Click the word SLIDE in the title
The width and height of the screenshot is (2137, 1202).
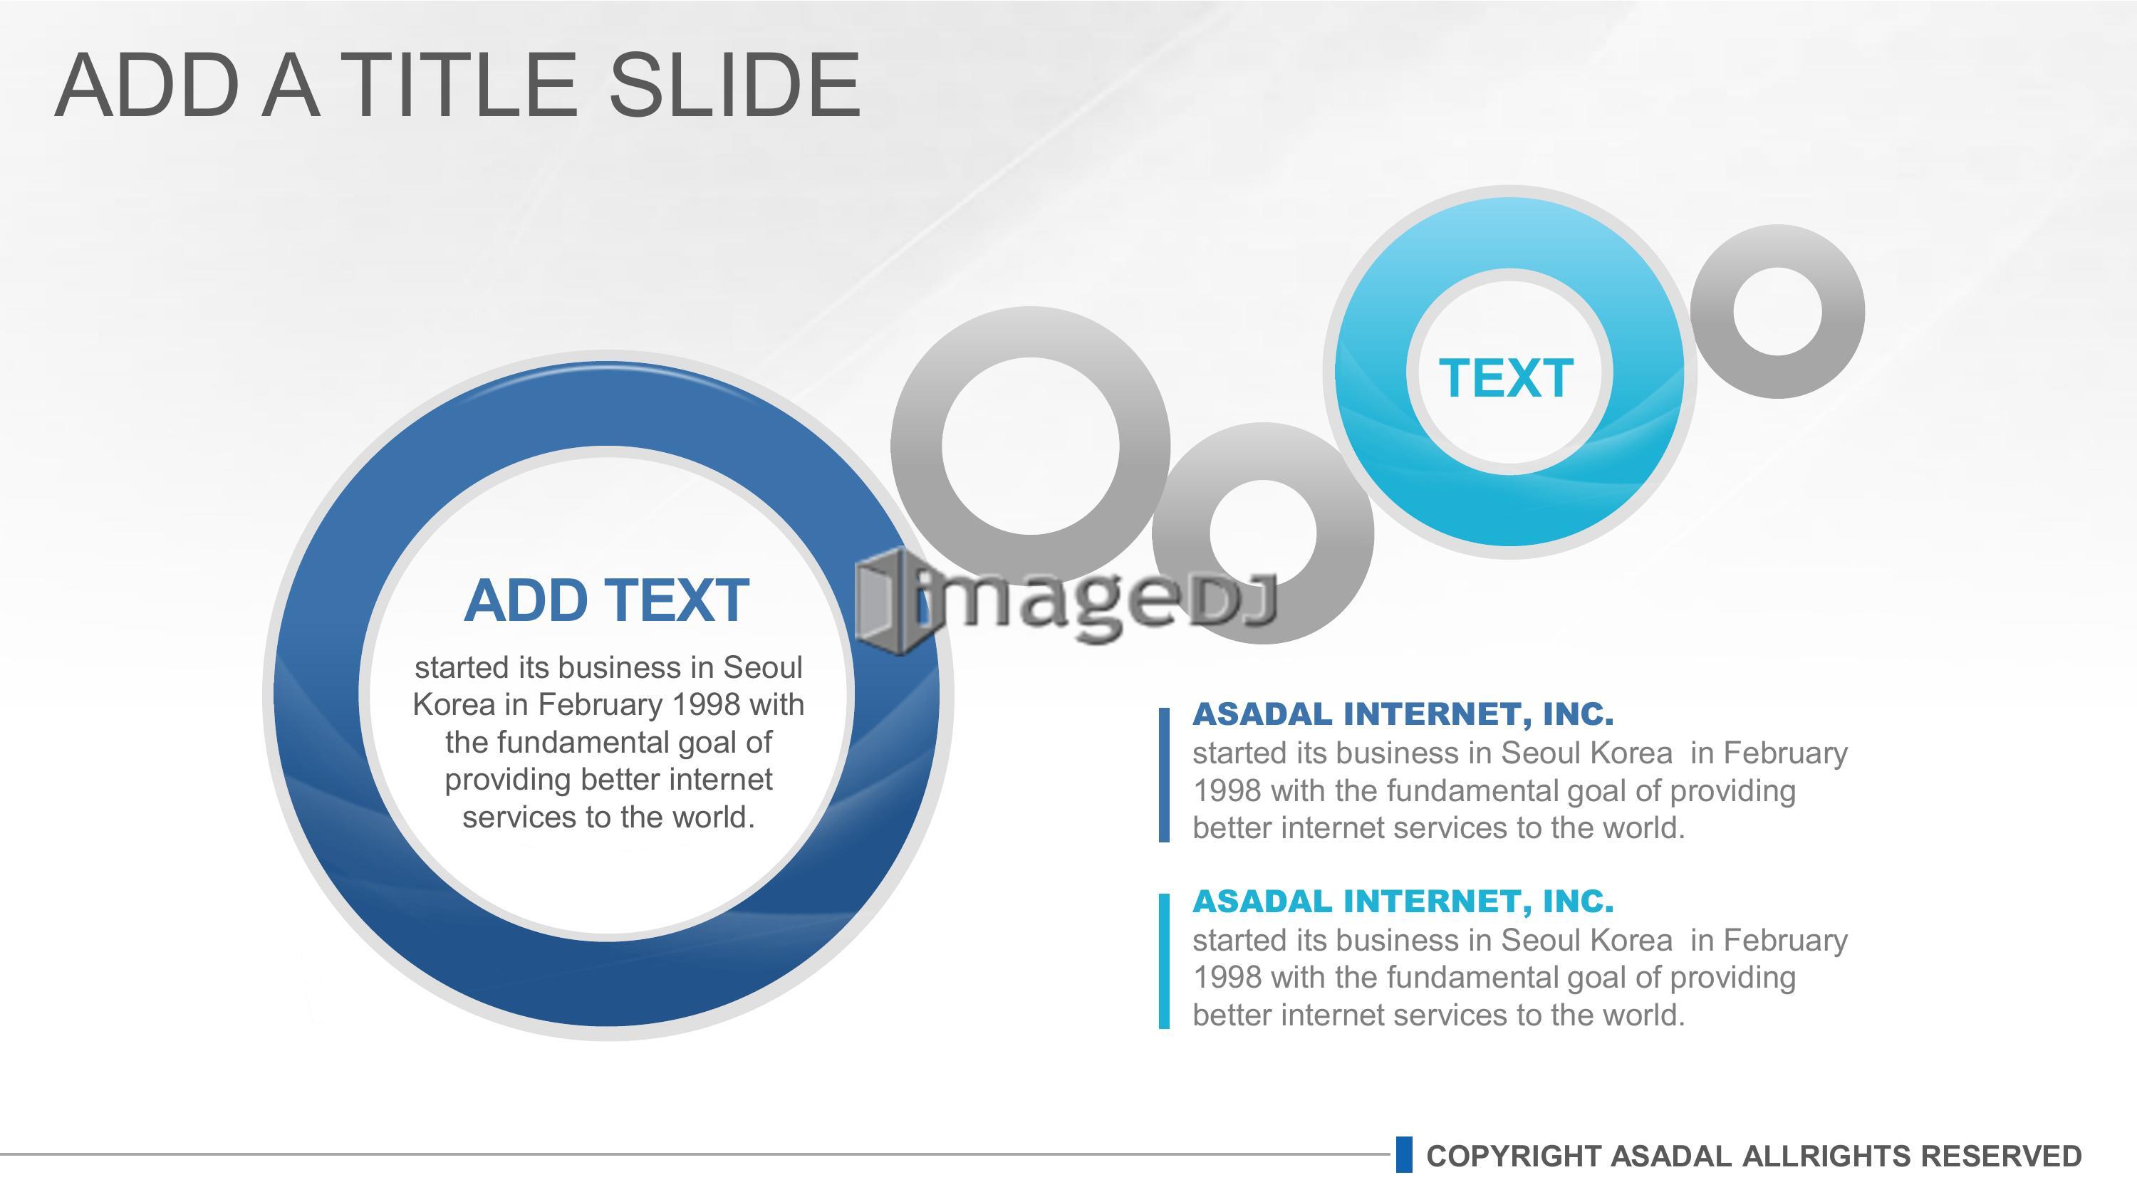[x=734, y=84]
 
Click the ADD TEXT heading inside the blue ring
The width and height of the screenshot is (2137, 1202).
[x=606, y=600]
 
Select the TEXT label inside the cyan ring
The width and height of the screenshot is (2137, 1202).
[x=1506, y=378]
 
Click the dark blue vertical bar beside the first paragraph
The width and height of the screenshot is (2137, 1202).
[x=1164, y=775]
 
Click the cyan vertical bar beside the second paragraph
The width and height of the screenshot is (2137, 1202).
[x=1164, y=961]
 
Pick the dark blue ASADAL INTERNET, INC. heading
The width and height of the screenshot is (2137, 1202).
[x=1403, y=714]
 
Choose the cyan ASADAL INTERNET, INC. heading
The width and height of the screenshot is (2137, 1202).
[x=1403, y=900]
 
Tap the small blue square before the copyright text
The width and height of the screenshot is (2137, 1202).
[x=1403, y=1155]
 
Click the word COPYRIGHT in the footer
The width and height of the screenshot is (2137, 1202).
[x=1514, y=1156]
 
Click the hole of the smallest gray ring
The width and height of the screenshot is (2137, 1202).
[x=1778, y=311]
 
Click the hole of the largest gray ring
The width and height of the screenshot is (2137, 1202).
[x=1030, y=446]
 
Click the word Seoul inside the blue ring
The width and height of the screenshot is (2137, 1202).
[x=762, y=667]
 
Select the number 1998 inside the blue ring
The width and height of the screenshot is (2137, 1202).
[x=705, y=704]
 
